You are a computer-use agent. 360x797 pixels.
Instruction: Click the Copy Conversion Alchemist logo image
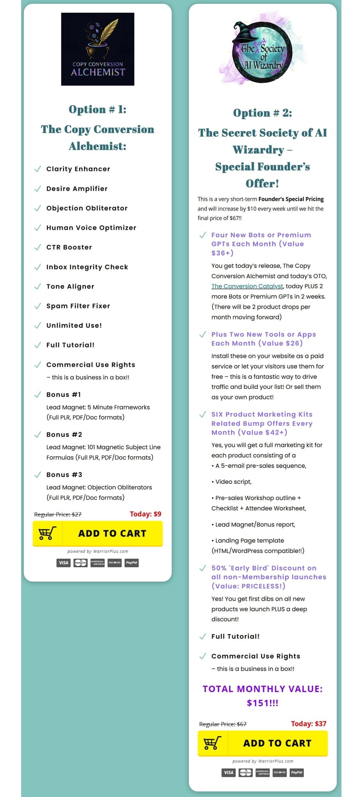coord(98,49)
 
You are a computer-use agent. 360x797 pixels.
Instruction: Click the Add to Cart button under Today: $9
coord(98,533)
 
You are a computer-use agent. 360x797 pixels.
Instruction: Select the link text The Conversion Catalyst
coord(247,286)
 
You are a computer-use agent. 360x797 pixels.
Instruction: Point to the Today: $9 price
coord(145,514)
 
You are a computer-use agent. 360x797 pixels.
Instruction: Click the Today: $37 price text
coord(308,724)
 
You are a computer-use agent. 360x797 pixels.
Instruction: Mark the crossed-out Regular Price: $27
coord(58,514)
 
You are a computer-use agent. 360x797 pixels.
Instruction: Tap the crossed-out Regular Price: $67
coord(223,724)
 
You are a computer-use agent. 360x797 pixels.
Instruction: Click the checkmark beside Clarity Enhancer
coord(37,169)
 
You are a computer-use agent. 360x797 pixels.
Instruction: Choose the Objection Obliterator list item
coord(87,208)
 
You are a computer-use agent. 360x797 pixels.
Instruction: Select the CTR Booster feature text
coord(69,247)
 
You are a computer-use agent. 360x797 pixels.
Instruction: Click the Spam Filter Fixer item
coord(78,306)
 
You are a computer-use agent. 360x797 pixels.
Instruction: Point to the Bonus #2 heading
coord(64,434)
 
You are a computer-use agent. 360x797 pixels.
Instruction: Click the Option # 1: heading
coord(98,109)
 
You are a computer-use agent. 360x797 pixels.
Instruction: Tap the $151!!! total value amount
coord(262,703)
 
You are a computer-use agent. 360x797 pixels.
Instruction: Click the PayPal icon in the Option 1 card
coord(132,563)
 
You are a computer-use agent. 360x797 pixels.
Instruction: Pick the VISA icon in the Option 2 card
coord(228,772)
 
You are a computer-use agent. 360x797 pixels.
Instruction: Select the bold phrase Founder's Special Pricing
coord(291,199)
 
